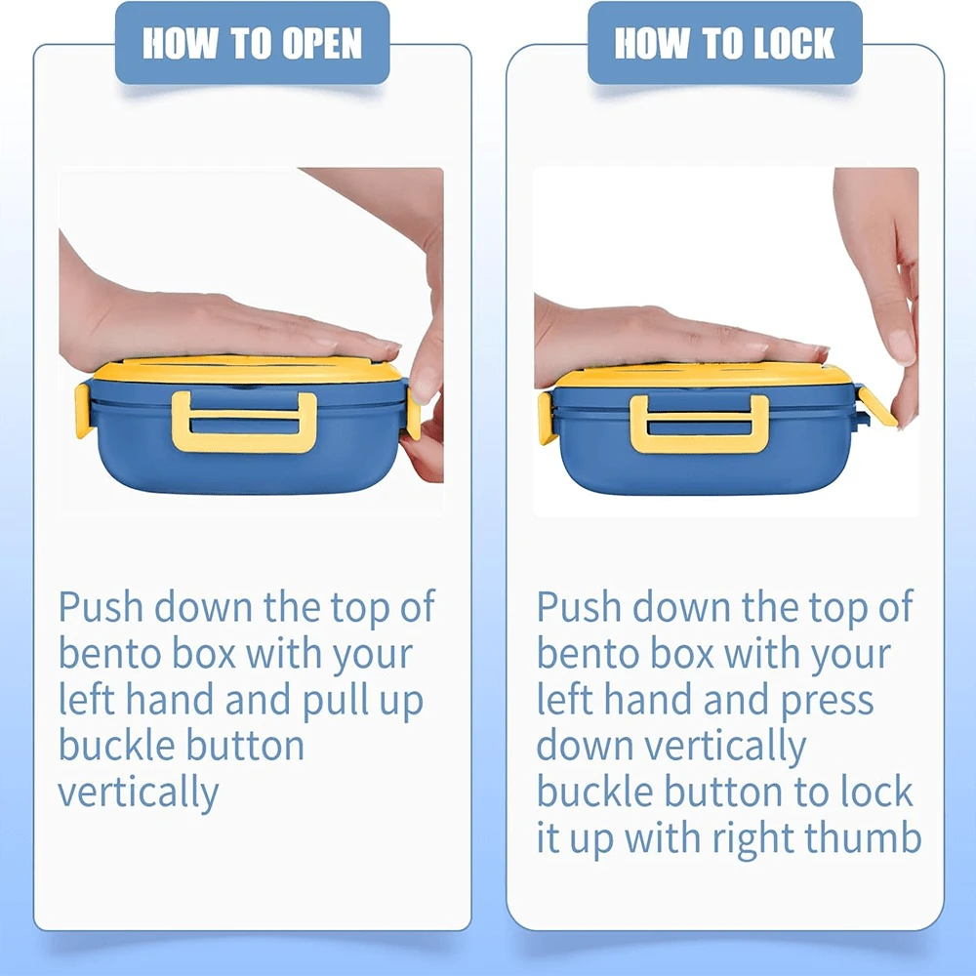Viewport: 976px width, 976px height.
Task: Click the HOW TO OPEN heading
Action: click(x=252, y=44)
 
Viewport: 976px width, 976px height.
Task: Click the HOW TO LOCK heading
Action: click(x=724, y=44)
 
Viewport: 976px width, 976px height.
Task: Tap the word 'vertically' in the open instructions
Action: click(x=139, y=793)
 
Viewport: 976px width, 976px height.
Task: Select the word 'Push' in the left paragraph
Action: click(x=101, y=607)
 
